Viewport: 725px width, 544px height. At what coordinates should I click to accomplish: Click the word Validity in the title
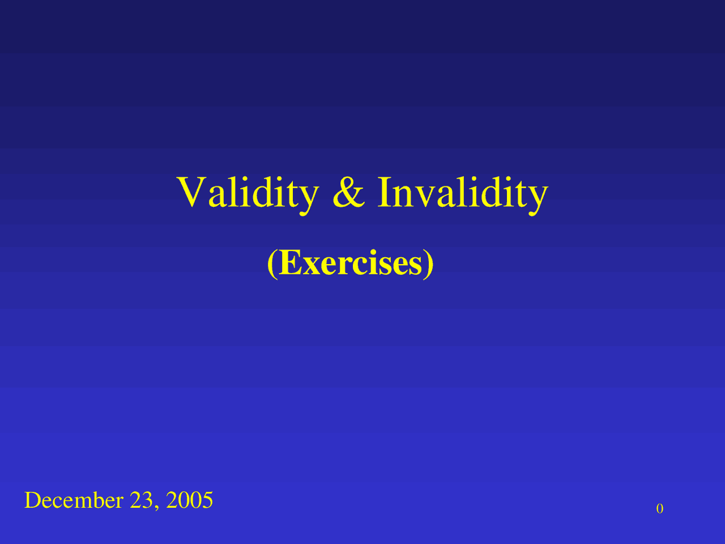(x=248, y=193)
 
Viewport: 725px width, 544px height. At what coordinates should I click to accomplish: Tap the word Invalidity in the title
(x=462, y=193)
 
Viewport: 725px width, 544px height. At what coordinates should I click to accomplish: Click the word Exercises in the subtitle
(x=351, y=263)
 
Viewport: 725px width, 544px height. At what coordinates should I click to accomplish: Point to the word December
(x=74, y=500)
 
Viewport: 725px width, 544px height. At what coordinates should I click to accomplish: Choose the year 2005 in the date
(x=189, y=500)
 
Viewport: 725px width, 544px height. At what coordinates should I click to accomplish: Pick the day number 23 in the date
(x=140, y=500)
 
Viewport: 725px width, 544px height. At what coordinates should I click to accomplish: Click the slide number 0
(x=660, y=509)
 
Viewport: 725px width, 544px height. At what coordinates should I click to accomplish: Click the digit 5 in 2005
(x=207, y=500)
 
